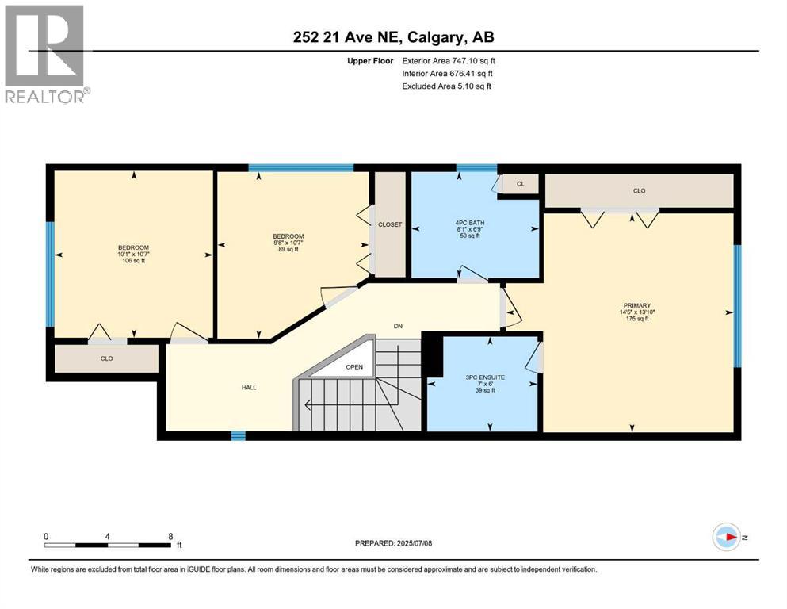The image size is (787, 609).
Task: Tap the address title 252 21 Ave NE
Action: tap(393, 37)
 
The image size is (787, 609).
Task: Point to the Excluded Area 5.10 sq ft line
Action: tap(446, 86)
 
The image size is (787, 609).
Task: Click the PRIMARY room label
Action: tap(636, 305)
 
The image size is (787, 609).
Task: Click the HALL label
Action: tap(249, 388)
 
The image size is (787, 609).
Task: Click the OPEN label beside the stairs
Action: tap(353, 368)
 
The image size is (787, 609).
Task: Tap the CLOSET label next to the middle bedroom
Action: tap(389, 224)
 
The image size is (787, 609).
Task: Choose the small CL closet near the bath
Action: tap(520, 184)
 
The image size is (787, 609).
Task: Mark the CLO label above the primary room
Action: tap(639, 191)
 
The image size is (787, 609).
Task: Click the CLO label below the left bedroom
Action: tap(106, 358)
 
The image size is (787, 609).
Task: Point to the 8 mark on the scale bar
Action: tap(170, 536)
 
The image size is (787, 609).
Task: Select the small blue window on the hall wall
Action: tap(238, 435)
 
